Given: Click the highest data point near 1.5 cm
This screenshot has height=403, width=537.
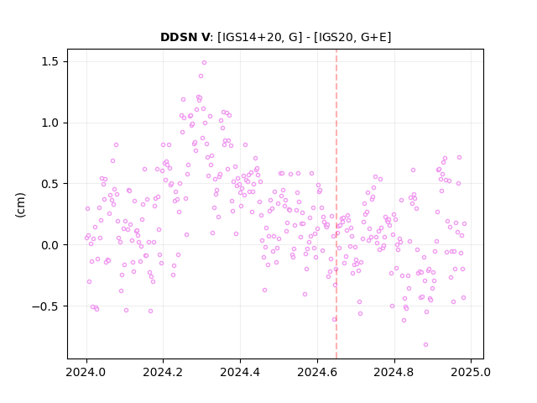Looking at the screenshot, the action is click(204, 63).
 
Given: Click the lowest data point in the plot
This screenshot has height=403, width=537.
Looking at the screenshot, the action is click(425, 345).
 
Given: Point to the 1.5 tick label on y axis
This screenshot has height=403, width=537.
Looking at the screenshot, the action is click(50, 61).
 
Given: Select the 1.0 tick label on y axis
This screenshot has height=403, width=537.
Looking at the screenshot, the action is click(50, 123).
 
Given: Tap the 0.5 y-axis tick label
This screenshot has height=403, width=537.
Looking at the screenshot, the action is click(50, 184).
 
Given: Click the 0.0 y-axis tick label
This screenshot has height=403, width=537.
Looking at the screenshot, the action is click(50, 245).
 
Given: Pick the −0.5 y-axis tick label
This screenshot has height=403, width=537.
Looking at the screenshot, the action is click(45, 306).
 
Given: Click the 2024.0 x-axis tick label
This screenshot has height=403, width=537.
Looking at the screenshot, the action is click(86, 372).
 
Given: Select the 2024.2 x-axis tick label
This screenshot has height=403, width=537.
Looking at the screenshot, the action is click(164, 372).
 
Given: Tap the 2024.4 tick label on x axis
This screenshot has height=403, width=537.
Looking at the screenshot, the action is click(241, 372).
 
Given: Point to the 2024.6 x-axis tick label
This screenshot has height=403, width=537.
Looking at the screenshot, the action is click(317, 372).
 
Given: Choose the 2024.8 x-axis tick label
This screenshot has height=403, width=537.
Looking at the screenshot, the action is click(394, 372).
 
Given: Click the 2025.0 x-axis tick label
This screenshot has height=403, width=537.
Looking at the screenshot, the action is click(471, 372).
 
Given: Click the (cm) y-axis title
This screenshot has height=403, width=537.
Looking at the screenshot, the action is click(20, 205).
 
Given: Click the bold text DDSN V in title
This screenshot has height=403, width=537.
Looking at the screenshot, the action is click(185, 37).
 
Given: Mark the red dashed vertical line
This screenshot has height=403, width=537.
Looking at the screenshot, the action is click(336, 204).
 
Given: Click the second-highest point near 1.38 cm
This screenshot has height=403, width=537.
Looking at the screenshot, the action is click(201, 76).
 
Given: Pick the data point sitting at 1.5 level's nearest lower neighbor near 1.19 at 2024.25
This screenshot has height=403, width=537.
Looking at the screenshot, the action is click(183, 99).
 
